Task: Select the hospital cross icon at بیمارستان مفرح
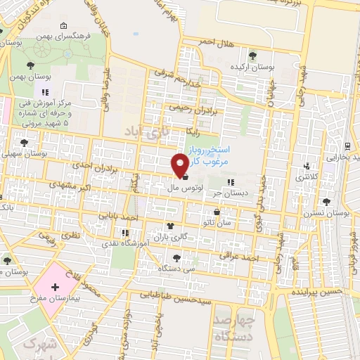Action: [x=54, y=288]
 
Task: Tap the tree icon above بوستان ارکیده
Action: [x=252, y=55]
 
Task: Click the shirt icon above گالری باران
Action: [x=169, y=226]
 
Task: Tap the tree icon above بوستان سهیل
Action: [x=25, y=142]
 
